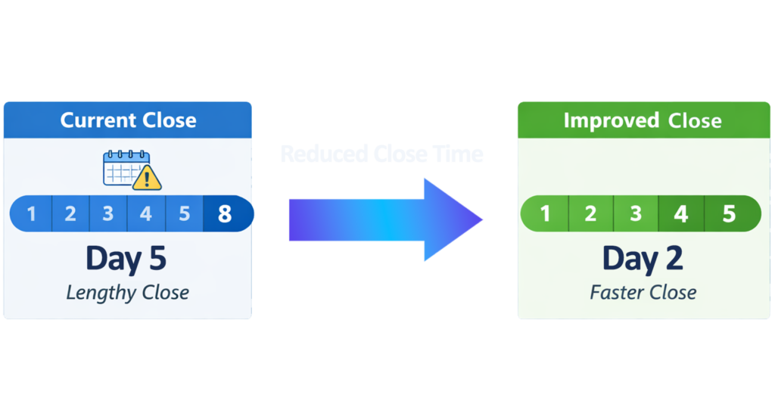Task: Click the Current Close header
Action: [x=128, y=120]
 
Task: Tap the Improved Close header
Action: [x=642, y=120]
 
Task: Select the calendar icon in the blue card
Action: [x=125, y=169]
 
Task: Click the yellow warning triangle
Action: [x=147, y=179]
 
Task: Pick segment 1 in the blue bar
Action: [x=32, y=214]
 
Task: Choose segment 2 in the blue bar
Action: [x=70, y=214]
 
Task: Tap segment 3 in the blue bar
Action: [x=108, y=214]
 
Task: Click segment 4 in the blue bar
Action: [x=146, y=214]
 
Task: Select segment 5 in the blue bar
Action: [x=184, y=214]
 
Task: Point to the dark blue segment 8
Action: [x=226, y=214]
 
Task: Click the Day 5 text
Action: [x=126, y=258]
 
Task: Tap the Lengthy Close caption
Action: [x=127, y=292]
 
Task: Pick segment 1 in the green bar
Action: [x=545, y=214]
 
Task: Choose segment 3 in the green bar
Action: [x=636, y=214]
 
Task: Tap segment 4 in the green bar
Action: [x=681, y=214]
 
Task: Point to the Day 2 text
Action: [x=643, y=258]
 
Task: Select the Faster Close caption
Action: [x=643, y=292]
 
